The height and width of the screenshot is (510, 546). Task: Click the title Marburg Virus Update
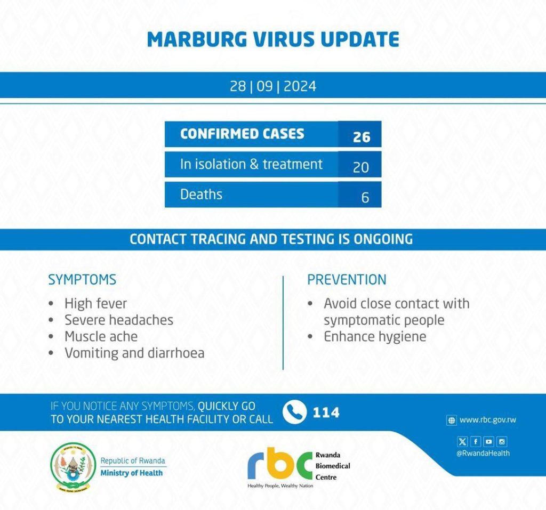(272, 39)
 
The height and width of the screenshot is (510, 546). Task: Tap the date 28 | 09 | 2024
(272, 86)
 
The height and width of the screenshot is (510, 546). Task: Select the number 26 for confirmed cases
(361, 137)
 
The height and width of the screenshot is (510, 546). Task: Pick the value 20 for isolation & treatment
(361, 167)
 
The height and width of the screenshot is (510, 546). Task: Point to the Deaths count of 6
(365, 197)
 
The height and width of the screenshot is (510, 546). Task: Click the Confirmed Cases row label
(242, 134)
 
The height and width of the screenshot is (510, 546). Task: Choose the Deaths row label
(201, 195)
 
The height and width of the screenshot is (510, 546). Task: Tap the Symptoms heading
(82, 280)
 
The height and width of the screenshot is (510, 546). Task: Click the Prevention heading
(347, 280)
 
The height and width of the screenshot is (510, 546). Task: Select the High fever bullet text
(95, 304)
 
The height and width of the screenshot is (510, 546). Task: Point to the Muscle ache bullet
(101, 336)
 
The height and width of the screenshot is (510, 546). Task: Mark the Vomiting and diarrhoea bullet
(134, 353)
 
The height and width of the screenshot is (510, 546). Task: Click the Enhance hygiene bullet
(375, 336)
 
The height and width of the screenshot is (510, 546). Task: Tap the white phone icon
(294, 412)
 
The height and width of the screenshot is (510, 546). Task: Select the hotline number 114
(326, 412)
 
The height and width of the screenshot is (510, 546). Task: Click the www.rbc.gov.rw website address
(487, 420)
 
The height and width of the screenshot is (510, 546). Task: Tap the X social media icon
(462, 441)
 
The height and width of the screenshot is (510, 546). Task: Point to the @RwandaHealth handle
(483, 454)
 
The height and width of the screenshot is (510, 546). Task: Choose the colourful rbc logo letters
(279, 465)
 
